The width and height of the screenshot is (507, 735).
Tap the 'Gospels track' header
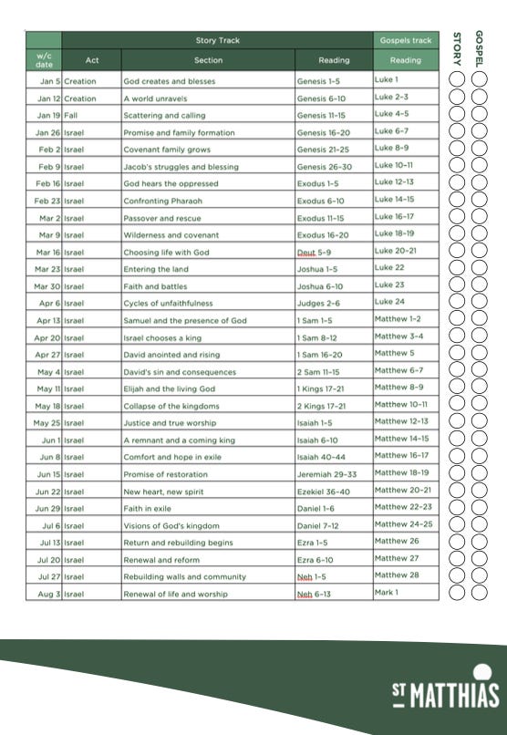[405, 41]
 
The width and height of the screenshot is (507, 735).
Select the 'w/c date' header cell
[44, 61]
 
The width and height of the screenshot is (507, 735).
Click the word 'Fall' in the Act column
[70, 116]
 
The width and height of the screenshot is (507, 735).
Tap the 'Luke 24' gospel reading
[389, 302]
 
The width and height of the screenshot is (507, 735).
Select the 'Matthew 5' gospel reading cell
[394, 353]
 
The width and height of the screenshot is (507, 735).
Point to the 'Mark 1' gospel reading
[387, 593]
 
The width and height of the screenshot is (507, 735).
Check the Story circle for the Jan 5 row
[458, 80]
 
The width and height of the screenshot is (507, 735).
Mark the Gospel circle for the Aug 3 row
[479, 593]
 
